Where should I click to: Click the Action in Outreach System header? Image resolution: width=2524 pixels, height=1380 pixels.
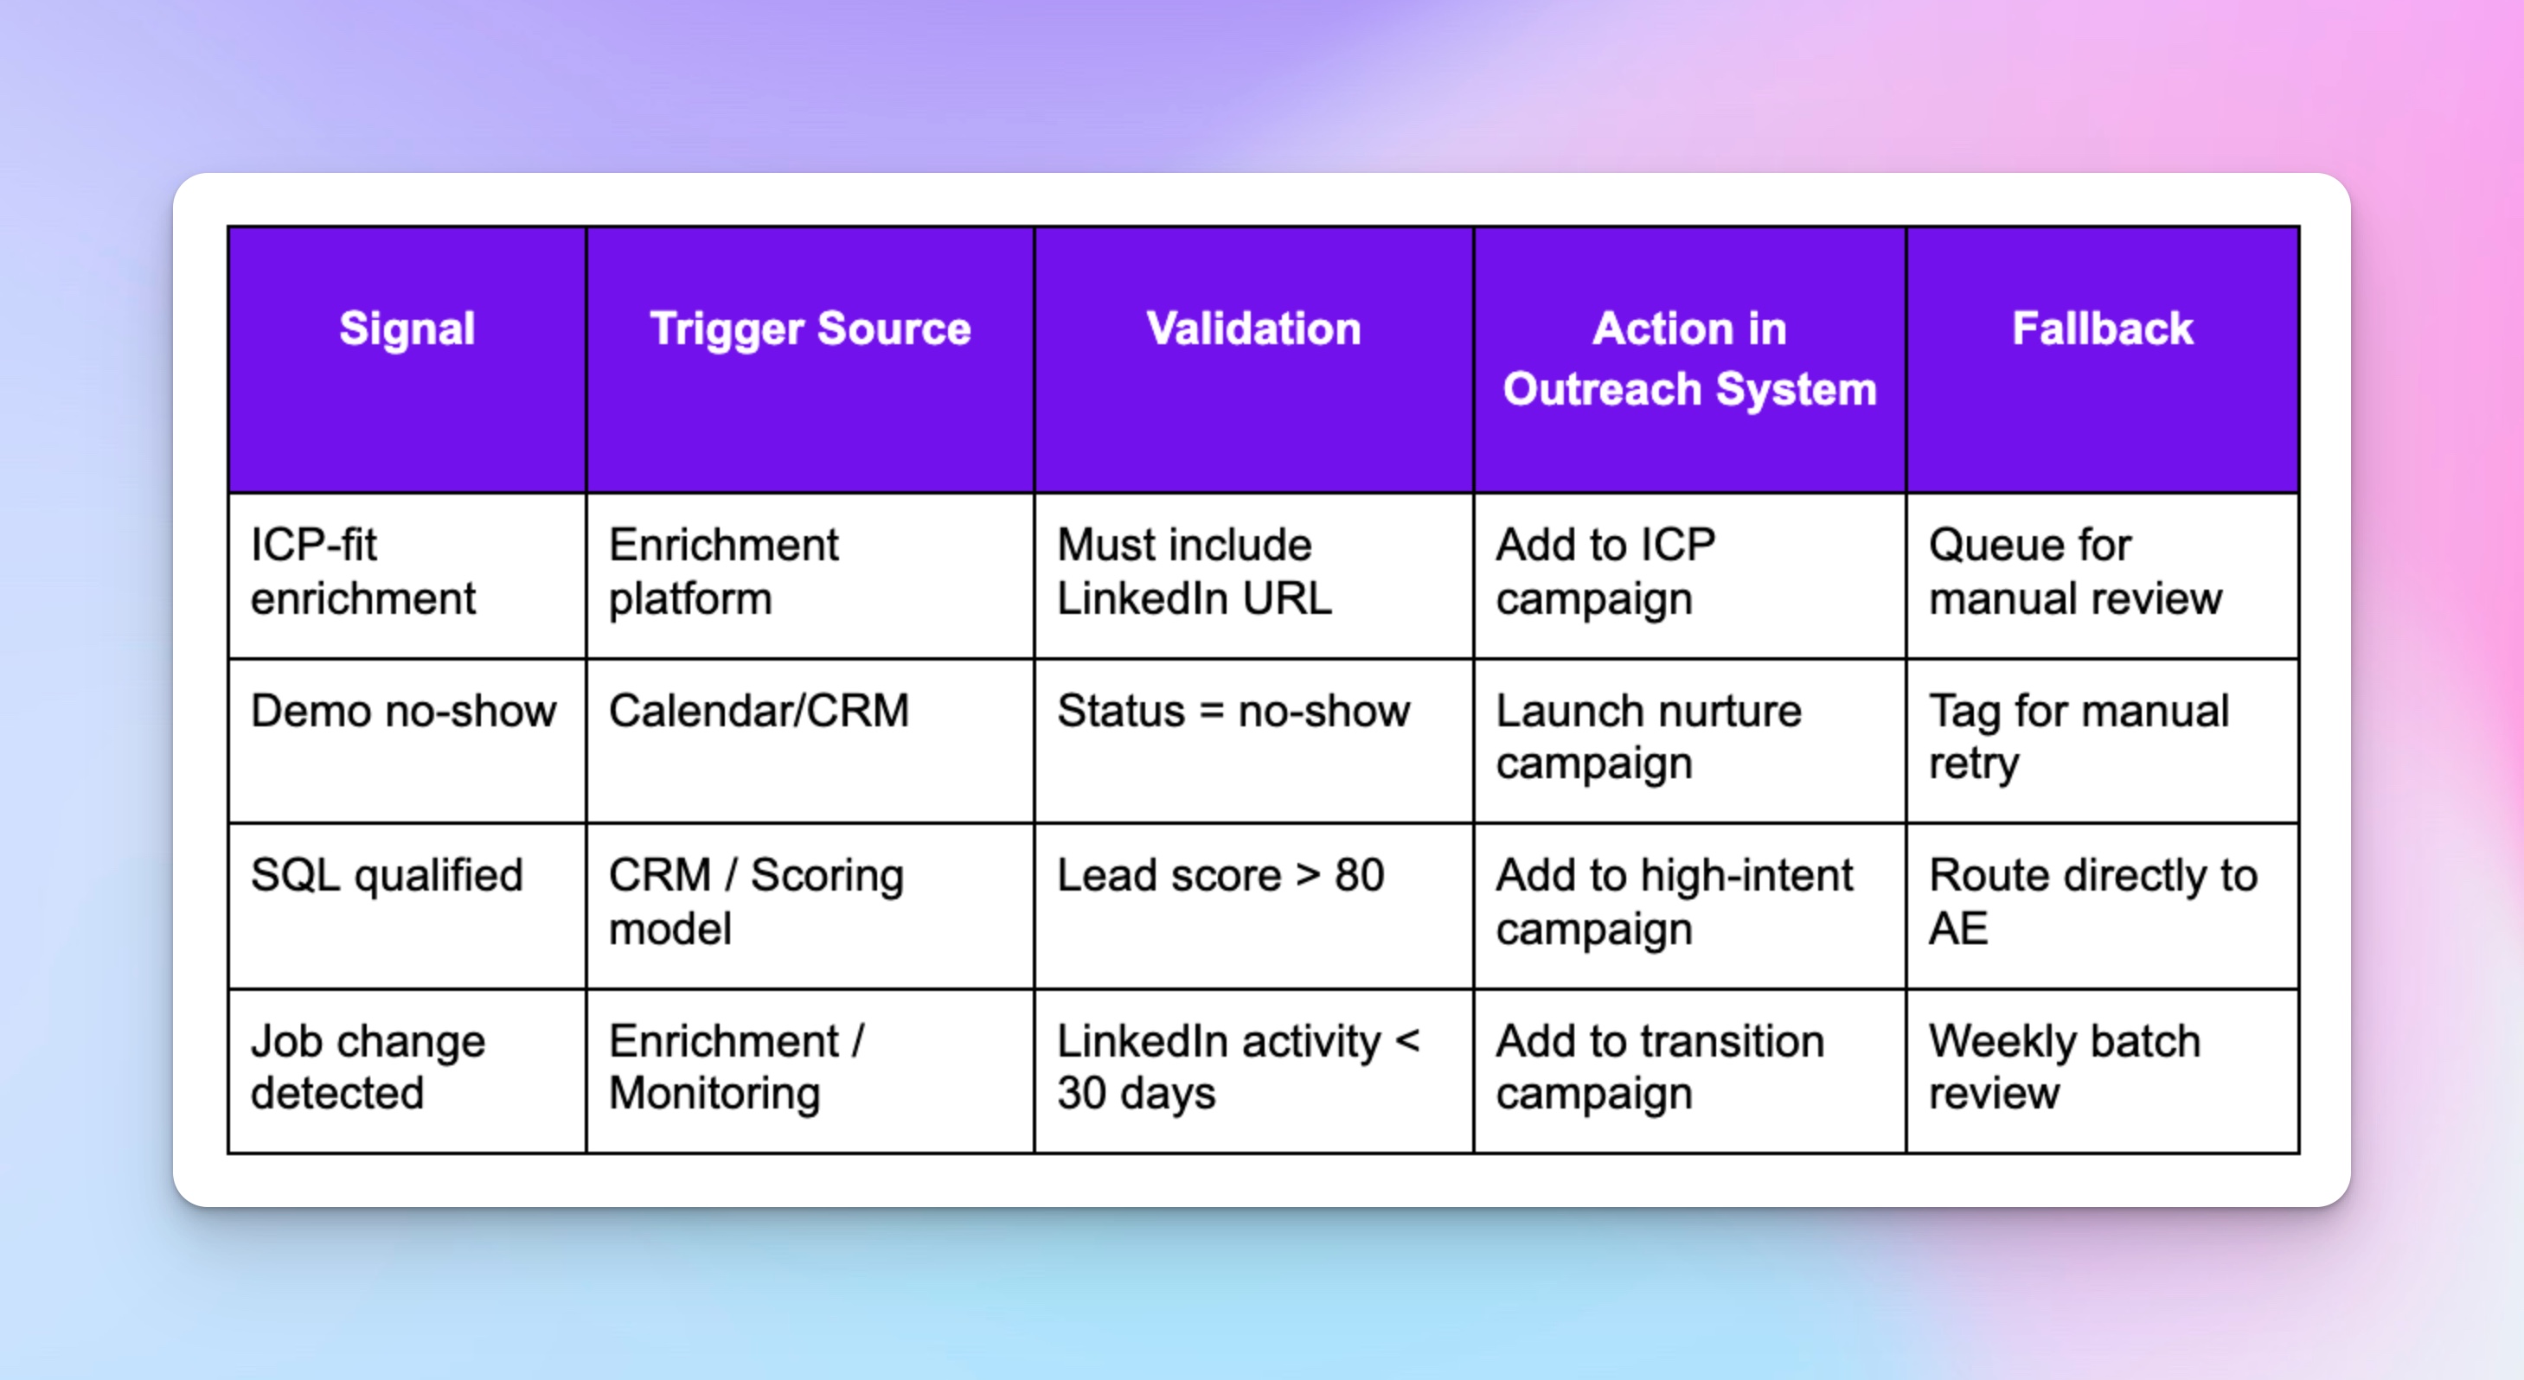pyautogui.click(x=1689, y=359)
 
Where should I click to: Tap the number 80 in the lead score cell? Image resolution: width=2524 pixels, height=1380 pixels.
pyautogui.click(x=1359, y=876)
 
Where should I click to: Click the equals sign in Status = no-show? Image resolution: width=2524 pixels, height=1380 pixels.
pyautogui.click(x=1211, y=712)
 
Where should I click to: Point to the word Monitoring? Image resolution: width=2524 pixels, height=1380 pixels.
pyautogui.click(x=714, y=1093)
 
